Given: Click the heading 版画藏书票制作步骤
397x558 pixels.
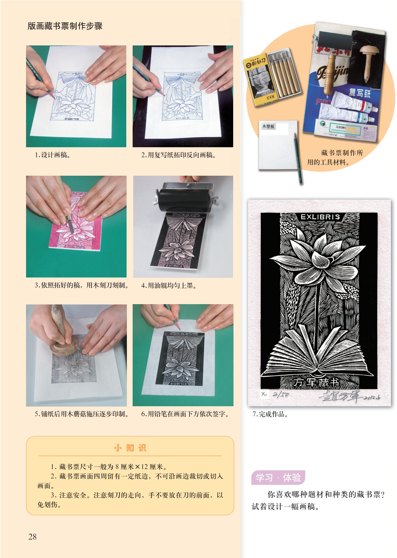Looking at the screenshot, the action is (x=65, y=26).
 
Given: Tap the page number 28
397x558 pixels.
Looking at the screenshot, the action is (x=32, y=537).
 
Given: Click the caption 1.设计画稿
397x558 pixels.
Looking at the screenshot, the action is (x=52, y=155).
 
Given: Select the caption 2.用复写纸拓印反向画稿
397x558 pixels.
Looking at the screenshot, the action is (x=178, y=155).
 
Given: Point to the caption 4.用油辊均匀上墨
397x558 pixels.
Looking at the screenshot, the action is (x=169, y=285).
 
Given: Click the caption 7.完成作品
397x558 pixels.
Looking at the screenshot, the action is (x=270, y=414).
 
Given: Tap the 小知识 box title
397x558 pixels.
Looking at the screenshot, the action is (x=130, y=448).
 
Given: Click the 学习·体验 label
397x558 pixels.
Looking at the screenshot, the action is (x=278, y=478).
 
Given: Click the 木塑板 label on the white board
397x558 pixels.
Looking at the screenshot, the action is (x=268, y=126).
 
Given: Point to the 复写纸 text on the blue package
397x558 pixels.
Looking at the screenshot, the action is (x=359, y=92).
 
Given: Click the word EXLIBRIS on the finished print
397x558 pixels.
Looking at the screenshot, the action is (x=320, y=217).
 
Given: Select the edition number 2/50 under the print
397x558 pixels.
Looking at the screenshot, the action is (x=281, y=394).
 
